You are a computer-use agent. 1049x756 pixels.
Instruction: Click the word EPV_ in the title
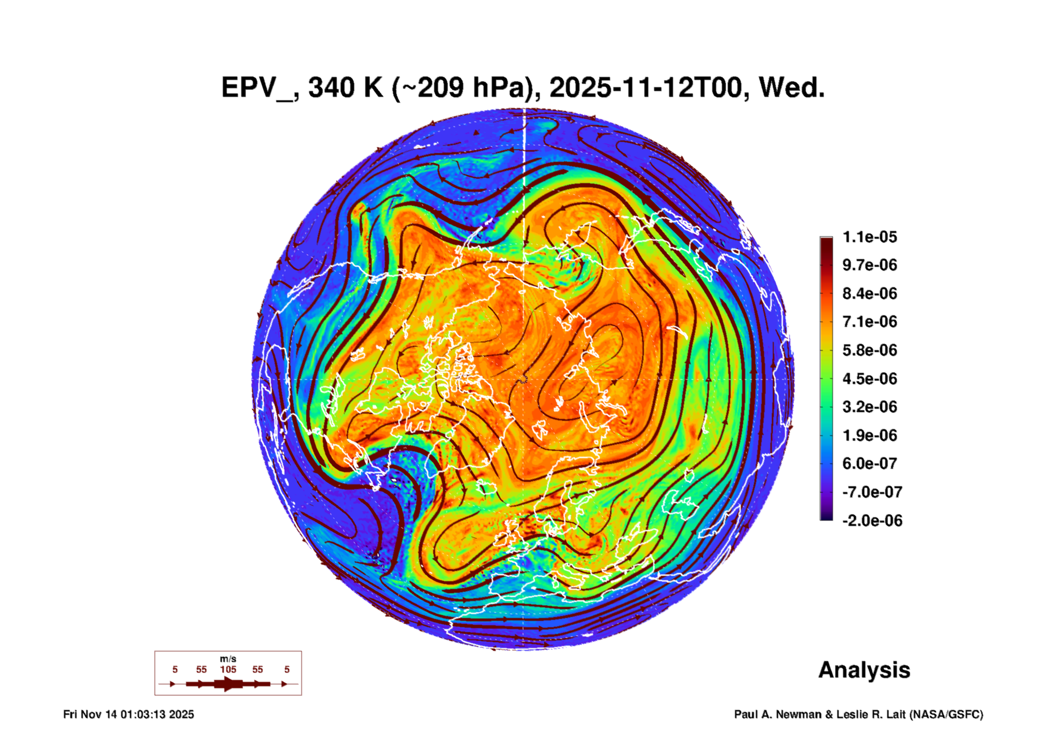click(x=256, y=88)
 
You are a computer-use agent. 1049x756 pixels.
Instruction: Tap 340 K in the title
click(x=345, y=88)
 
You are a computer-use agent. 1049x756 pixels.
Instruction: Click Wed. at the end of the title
click(x=791, y=88)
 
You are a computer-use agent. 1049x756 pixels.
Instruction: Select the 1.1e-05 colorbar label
click(x=870, y=237)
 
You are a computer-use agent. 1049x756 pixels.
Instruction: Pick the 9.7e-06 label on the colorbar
click(x=870, y=265)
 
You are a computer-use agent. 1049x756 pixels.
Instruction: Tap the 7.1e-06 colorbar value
click(x=870, y=322)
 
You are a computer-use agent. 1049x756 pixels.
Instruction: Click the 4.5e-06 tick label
click(x=870, y=378)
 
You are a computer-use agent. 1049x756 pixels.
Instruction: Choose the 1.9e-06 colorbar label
click(x=870, y=435)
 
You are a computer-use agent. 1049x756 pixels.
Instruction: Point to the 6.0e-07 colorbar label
click(x=870, y=463)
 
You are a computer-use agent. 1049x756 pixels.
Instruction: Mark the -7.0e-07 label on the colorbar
click(x=872, y=492)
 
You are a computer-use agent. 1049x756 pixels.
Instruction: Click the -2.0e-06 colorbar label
click(x=872, y=521)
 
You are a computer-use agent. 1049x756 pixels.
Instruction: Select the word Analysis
click(x=864, y=670)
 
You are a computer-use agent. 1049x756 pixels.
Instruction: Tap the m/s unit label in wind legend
click(x=228, y=659)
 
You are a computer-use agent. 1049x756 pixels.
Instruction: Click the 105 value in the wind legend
click(x=228, y=669)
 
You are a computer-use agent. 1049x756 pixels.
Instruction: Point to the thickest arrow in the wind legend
click(x=228, y=684)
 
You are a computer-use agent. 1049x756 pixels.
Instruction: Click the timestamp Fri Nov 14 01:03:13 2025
click(x=128, y=714)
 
